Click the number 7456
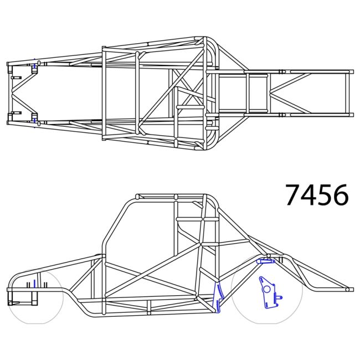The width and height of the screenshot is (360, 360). [x=317, y=195]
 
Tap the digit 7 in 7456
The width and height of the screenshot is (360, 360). [x=294, y=195]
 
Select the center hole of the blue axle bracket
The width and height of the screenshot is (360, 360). [x=266, y=289]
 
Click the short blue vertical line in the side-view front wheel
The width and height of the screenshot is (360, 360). [x=34, y=284]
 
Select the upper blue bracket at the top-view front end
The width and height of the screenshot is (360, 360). [x=34, y=67]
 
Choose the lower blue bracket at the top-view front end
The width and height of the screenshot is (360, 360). [x=34, y=117]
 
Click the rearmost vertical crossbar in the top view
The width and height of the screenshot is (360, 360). [x=348, y=92]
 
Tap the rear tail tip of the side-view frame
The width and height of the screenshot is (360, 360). [x=348, y=289]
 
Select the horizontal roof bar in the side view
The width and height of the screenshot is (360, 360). [x=172, y=197]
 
